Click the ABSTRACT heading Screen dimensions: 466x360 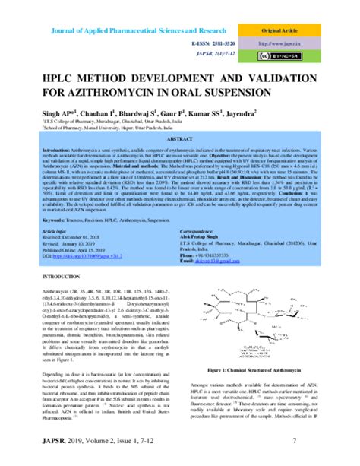(179, 141)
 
